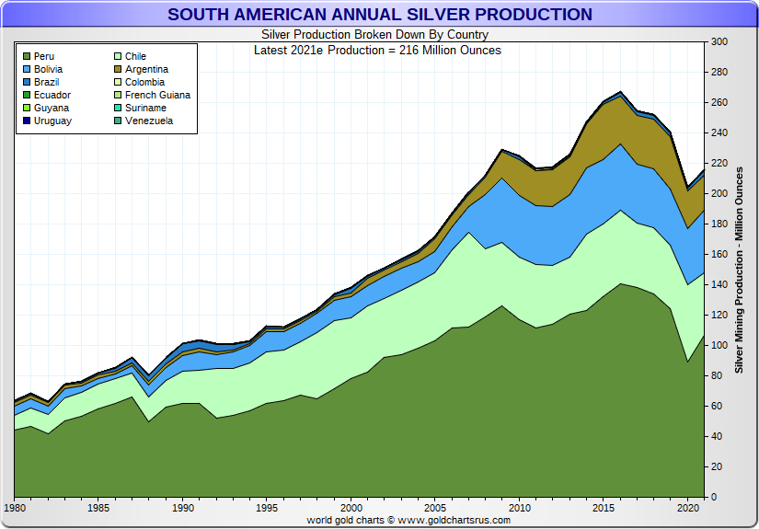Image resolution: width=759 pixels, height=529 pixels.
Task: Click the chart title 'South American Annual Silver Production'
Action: pyautogui.click(x=379, y=15)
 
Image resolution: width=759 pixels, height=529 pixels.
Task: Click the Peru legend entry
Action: pyautogui.click(x=43, y=56)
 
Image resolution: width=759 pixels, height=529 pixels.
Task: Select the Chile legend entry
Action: pyautogui.click(x=135, y=56)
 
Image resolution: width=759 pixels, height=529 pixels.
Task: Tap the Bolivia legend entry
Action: pyautogui.click(x=47, y=69)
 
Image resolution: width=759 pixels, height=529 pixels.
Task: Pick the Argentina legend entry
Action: pyautogui.click(x=146, y=69)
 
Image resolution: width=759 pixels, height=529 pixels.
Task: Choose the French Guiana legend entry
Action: pyautogui.click(x=157, y=95)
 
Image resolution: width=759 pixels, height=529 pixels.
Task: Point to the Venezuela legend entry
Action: pyautogui.click(x=148, y=121)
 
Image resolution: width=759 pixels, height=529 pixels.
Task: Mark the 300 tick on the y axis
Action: pyautogui.click(x=719, y=42)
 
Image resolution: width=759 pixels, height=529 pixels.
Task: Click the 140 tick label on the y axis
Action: pyautogui.click(x=719, y=285)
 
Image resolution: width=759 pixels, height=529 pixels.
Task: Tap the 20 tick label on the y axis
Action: pyautogui.click(x=716, y=467)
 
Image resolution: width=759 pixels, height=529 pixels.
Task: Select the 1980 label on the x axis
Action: pyautogui.click(x=15, y=508)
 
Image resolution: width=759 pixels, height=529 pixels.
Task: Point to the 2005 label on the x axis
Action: pyautogui.click(x=435, y=508)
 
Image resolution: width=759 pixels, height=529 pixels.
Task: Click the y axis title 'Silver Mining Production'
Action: pyautogui.click(x=739, y=268)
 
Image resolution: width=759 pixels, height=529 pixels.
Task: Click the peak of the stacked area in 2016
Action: pyautogui.click(x=620, y=92)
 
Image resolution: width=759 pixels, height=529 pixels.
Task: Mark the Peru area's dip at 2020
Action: pyautogui.click(x=687, y=362)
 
